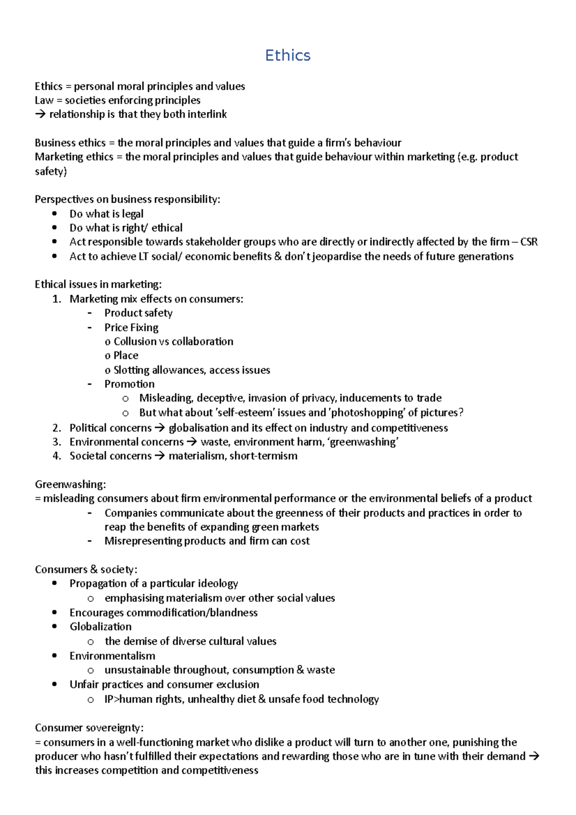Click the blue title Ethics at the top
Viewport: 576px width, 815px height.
(288, 55)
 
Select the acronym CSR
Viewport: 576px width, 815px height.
(528, 242)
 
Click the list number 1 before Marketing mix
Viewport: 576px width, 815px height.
(57, 299)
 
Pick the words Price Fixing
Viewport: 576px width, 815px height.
(131, 327)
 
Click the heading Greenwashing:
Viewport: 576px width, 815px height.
(70, 484)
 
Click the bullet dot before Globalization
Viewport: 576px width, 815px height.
(55, 627)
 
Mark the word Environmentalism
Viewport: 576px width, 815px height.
(112, 656)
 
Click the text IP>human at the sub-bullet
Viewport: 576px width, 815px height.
(127, 699)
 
